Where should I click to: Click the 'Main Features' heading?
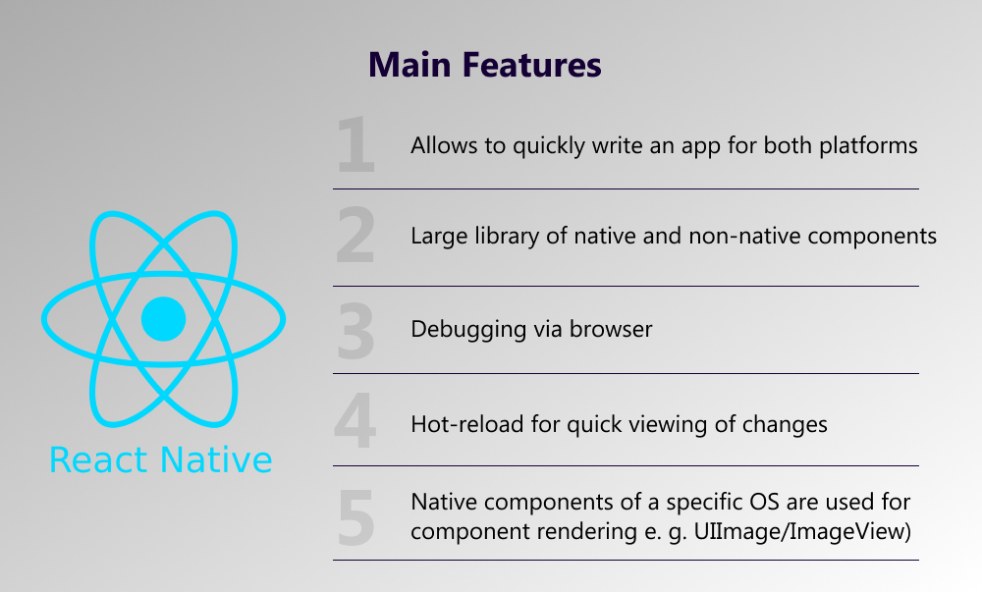point(485,65)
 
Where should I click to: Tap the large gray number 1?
point(355,144)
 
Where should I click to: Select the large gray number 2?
point(355,236)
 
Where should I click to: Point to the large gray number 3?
point(355,331)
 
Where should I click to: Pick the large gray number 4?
point(355,421)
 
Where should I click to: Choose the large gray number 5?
point(355,517)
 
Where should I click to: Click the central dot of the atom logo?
point(163,318)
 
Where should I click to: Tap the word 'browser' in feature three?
point(611,329)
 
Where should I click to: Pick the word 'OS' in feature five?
point(763,502)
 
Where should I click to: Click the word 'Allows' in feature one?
point(444,146)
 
